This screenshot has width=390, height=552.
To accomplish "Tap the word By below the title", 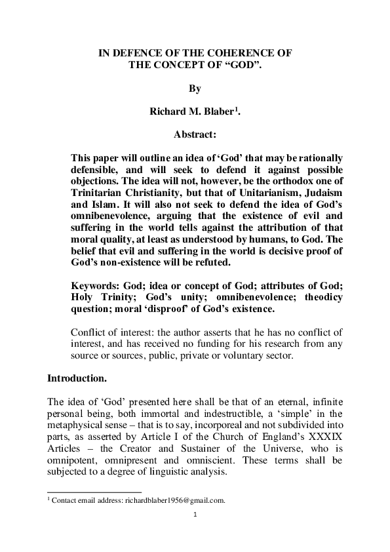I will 195,87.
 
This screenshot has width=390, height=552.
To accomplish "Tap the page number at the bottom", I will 195,515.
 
